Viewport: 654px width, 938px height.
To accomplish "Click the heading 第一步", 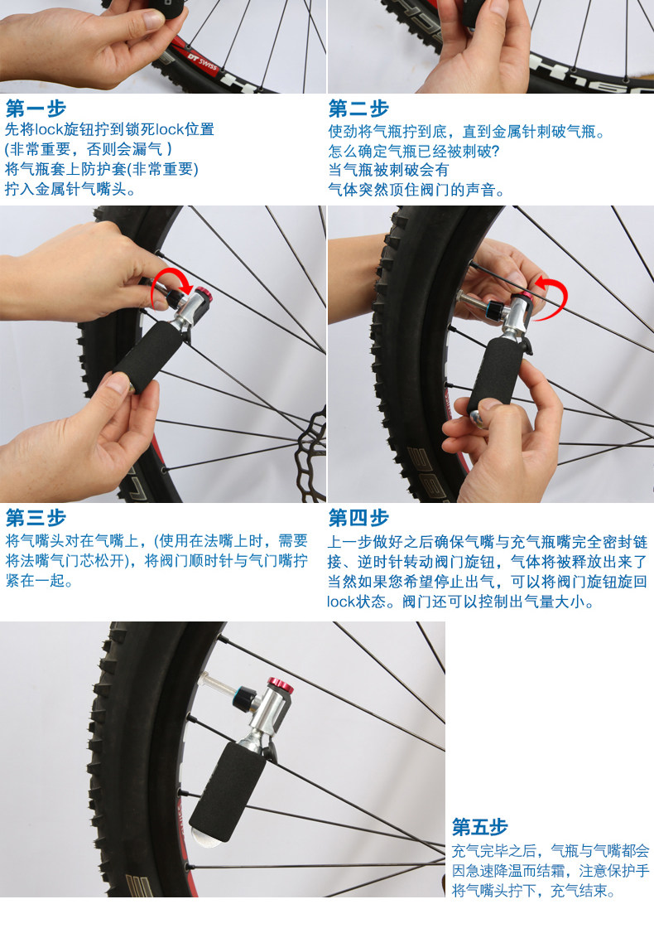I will (x=36, y=109).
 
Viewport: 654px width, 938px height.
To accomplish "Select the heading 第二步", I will (x=358, y=109).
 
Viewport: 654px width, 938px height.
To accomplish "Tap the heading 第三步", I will (x=36, y=518).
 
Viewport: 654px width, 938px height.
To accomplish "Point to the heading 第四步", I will (x=358, y=518).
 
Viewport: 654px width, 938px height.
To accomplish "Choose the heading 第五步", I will (x=480, y=827).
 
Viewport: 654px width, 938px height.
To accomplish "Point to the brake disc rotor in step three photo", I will (x=313, y=452).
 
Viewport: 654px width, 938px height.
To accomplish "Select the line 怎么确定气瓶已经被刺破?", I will (x=415, y=151).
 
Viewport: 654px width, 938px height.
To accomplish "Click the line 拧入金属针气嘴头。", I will (x=70, y=189).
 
